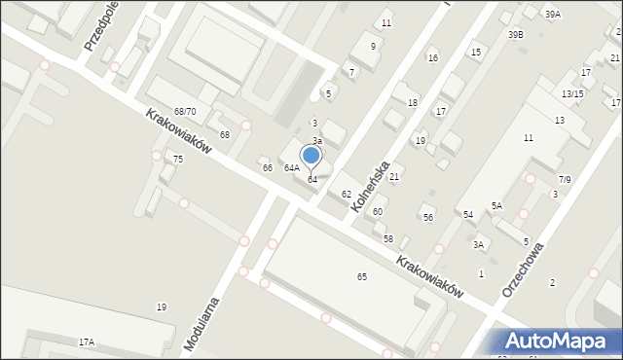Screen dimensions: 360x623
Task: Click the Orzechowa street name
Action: (x=522, y=270)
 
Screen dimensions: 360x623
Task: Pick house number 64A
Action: (x=291, y=168)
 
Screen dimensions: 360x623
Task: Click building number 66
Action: (x=267, y=168)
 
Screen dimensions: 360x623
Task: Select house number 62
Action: (x=346, y=195)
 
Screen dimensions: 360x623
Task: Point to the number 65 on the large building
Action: (x=362, y=277)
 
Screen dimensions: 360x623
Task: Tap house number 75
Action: (x=178, y=159)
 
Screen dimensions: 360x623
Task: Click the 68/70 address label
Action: (x=185, y=113)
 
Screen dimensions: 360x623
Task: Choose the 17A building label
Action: (x=87, y=342)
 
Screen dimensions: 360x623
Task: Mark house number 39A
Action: (x=553, y=15)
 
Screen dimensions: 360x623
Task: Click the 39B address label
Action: (x=515, y=35)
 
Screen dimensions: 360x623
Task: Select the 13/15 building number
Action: (x=572, y=93)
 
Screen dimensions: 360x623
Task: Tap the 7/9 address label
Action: (x=565, y=179)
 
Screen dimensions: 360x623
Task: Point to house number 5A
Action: (x=496, y=205)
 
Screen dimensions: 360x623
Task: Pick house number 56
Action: (x=427, y=218)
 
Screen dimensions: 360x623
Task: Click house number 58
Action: (x=387, y=238)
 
